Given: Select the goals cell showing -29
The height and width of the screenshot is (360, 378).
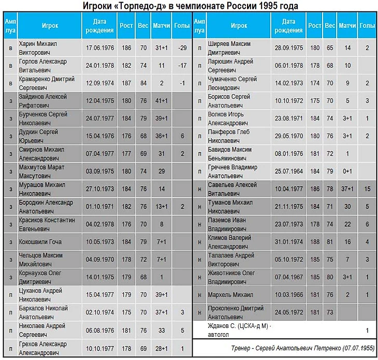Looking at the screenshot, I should tap(182, 48).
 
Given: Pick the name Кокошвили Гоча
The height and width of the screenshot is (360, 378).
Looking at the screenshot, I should tap(40, 242).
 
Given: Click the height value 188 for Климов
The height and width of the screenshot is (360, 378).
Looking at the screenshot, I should tap(314, 242).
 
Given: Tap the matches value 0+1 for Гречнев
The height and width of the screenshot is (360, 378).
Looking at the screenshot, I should tap(347, 171).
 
